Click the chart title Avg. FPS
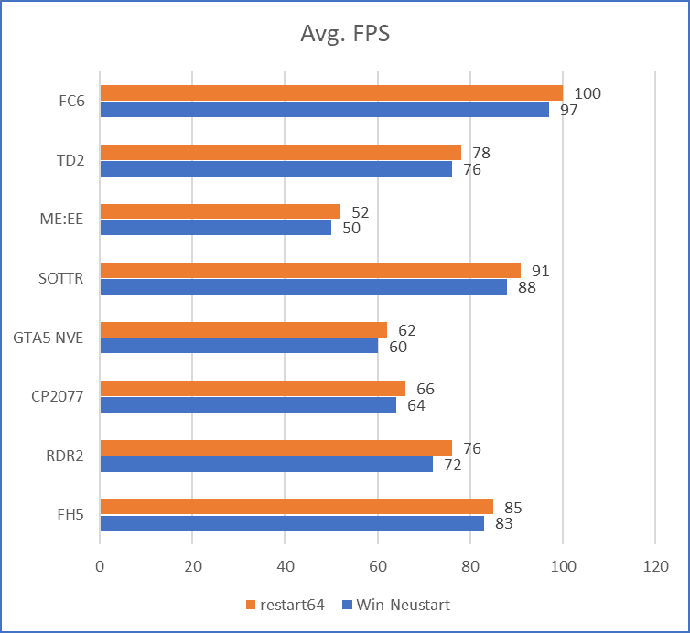coord(346,35)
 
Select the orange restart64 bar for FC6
coord(331,92)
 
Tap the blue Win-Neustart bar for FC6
coord(324,110)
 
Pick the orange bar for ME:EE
coord(220,210)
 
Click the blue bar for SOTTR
coord(303,287)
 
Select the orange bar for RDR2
coord(275,447)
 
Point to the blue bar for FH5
coord(292,523)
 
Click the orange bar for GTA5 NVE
coord(243,329)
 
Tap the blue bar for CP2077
coord(248,405)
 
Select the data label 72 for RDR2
coord(453,465)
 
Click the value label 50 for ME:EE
coord(351,228)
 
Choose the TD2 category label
coord(70,161)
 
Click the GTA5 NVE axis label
coord(49,338)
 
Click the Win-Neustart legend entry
coord(401,605)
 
